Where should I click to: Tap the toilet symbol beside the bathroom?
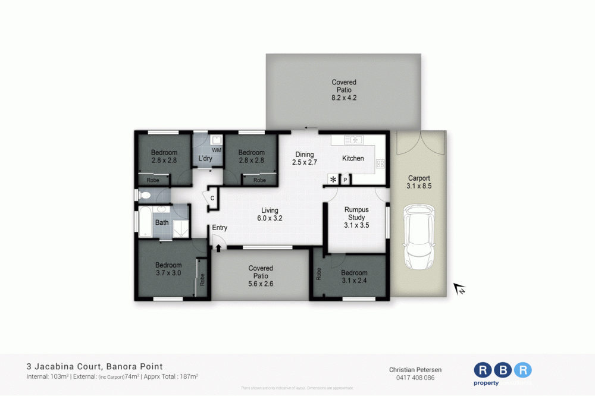145,194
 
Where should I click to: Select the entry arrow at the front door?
218,247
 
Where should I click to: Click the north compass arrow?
459,289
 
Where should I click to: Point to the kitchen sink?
354,140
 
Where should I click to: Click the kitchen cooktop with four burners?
380,164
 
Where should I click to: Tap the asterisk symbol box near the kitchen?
333,179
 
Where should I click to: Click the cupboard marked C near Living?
212,197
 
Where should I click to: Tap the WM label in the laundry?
216,150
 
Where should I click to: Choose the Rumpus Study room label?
356,217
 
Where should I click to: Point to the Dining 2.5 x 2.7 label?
304,158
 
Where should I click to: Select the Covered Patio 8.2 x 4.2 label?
344,90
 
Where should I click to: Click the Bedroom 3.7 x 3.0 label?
168,269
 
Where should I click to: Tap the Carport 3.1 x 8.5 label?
418,182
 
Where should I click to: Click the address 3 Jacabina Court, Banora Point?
95,366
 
